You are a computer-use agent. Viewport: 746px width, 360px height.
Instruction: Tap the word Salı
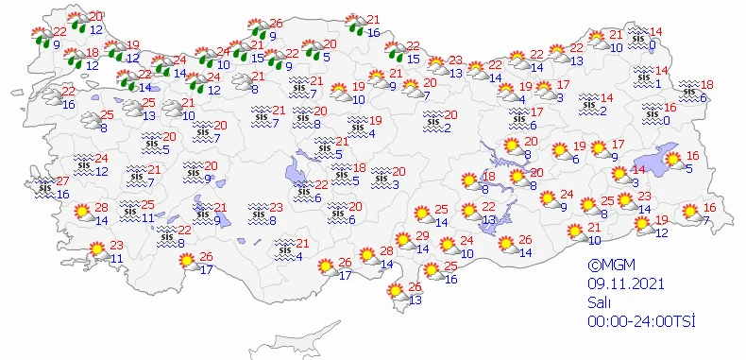coord(598,303)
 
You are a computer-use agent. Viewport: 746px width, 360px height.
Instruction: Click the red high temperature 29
coord(423,236)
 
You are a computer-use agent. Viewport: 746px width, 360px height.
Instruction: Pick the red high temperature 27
coord(62,181)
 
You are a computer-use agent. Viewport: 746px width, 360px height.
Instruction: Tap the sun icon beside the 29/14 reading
coord(405,241)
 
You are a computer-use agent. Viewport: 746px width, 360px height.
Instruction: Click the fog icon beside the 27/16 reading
coord(43,188)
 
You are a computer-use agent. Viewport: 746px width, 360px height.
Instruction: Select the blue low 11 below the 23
coord(117,258)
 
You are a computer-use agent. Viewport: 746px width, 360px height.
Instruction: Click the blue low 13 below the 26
coord(415,300)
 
